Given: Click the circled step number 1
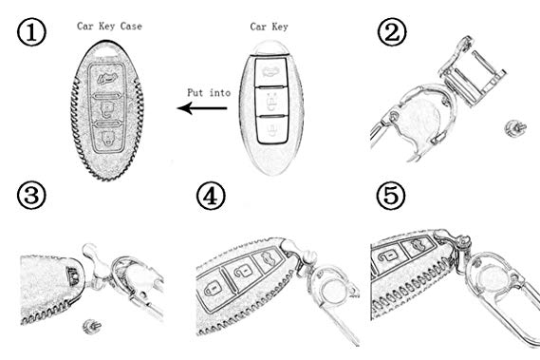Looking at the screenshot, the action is pos(31,32).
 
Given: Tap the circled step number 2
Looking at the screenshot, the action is pos(392,31).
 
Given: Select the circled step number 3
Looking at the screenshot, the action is pos(31,196).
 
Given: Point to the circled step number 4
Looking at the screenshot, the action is pos(211,196).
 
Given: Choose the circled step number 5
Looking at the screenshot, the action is pos(391,196).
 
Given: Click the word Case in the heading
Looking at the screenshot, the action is pos(131,27).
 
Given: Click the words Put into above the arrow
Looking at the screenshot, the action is pos(209,92).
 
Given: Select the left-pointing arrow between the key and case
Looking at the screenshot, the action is pos(202,108).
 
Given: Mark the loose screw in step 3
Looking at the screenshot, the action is pos(91,326).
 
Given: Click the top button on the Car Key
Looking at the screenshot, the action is pos(271,71).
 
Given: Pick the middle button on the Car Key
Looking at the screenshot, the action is pos(271,102).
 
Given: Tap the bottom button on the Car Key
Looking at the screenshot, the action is pos(272,129).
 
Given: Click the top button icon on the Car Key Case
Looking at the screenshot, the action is pos(107,79).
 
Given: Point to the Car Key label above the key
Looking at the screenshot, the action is pos(269,27).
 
